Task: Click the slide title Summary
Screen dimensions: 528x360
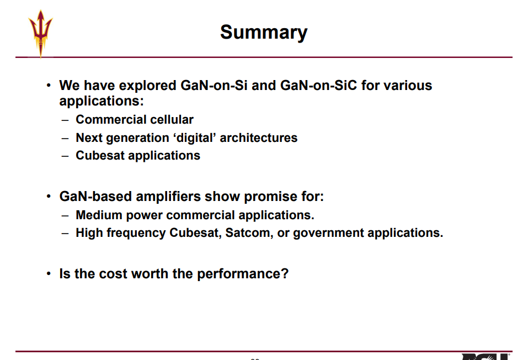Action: [264, 33]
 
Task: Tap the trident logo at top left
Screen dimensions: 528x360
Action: [41, 33]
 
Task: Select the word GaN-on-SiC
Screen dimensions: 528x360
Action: [318, 85]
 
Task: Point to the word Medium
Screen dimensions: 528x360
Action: [99, 215]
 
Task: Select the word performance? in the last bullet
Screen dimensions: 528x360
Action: [242, 274]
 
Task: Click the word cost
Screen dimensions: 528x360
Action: [113, 274]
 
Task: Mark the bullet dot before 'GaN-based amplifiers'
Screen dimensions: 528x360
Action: [49, 196]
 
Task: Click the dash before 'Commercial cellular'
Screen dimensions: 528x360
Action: [65, 120]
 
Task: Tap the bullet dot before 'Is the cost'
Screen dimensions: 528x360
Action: [49, 273]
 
